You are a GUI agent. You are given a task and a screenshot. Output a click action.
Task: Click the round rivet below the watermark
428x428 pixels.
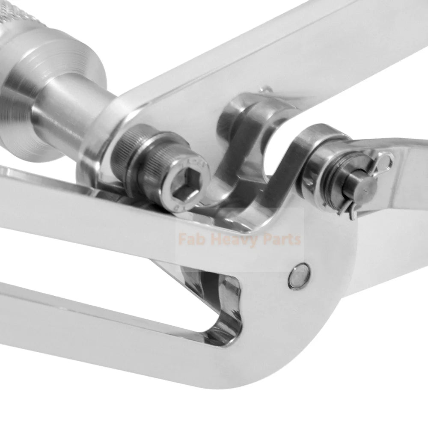tap(298, 275)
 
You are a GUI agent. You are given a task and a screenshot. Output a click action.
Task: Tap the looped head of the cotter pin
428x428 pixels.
tap(385, 161)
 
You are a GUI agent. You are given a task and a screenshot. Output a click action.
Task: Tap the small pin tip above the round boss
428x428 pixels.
tap(266, 89)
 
